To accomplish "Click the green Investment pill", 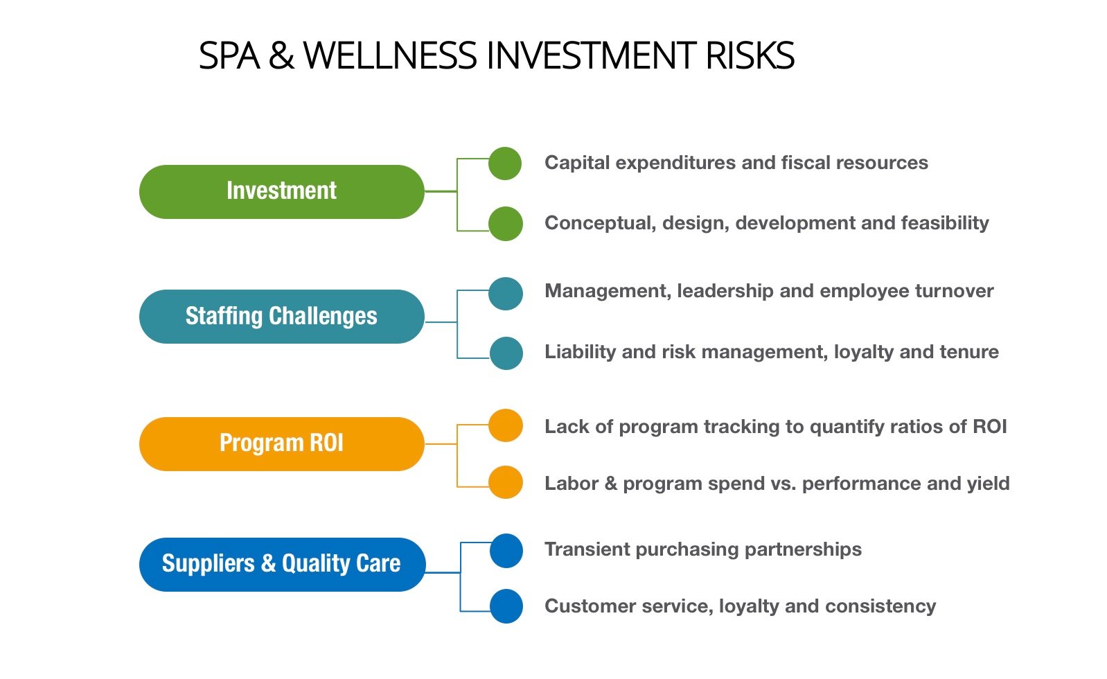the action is (282, 192).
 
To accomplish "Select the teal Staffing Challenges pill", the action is (282, 316).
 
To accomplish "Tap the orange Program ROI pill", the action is (282, 443).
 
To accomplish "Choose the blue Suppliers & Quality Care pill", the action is (282, 565).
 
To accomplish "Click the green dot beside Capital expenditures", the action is (504, 164).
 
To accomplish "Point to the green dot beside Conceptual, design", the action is (506, 224).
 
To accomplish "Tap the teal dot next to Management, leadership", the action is (506, 294).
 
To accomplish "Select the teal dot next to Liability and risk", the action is (506, 353).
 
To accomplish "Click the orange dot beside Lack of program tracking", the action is (506, 425).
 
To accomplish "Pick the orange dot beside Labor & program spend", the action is (506, 482).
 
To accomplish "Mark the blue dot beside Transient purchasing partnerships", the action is (506, 551).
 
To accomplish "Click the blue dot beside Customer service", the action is (506, 606).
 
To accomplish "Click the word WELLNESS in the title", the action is (391, 55).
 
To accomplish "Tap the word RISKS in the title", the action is (750, 55).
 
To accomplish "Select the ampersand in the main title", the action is (281, 55).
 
